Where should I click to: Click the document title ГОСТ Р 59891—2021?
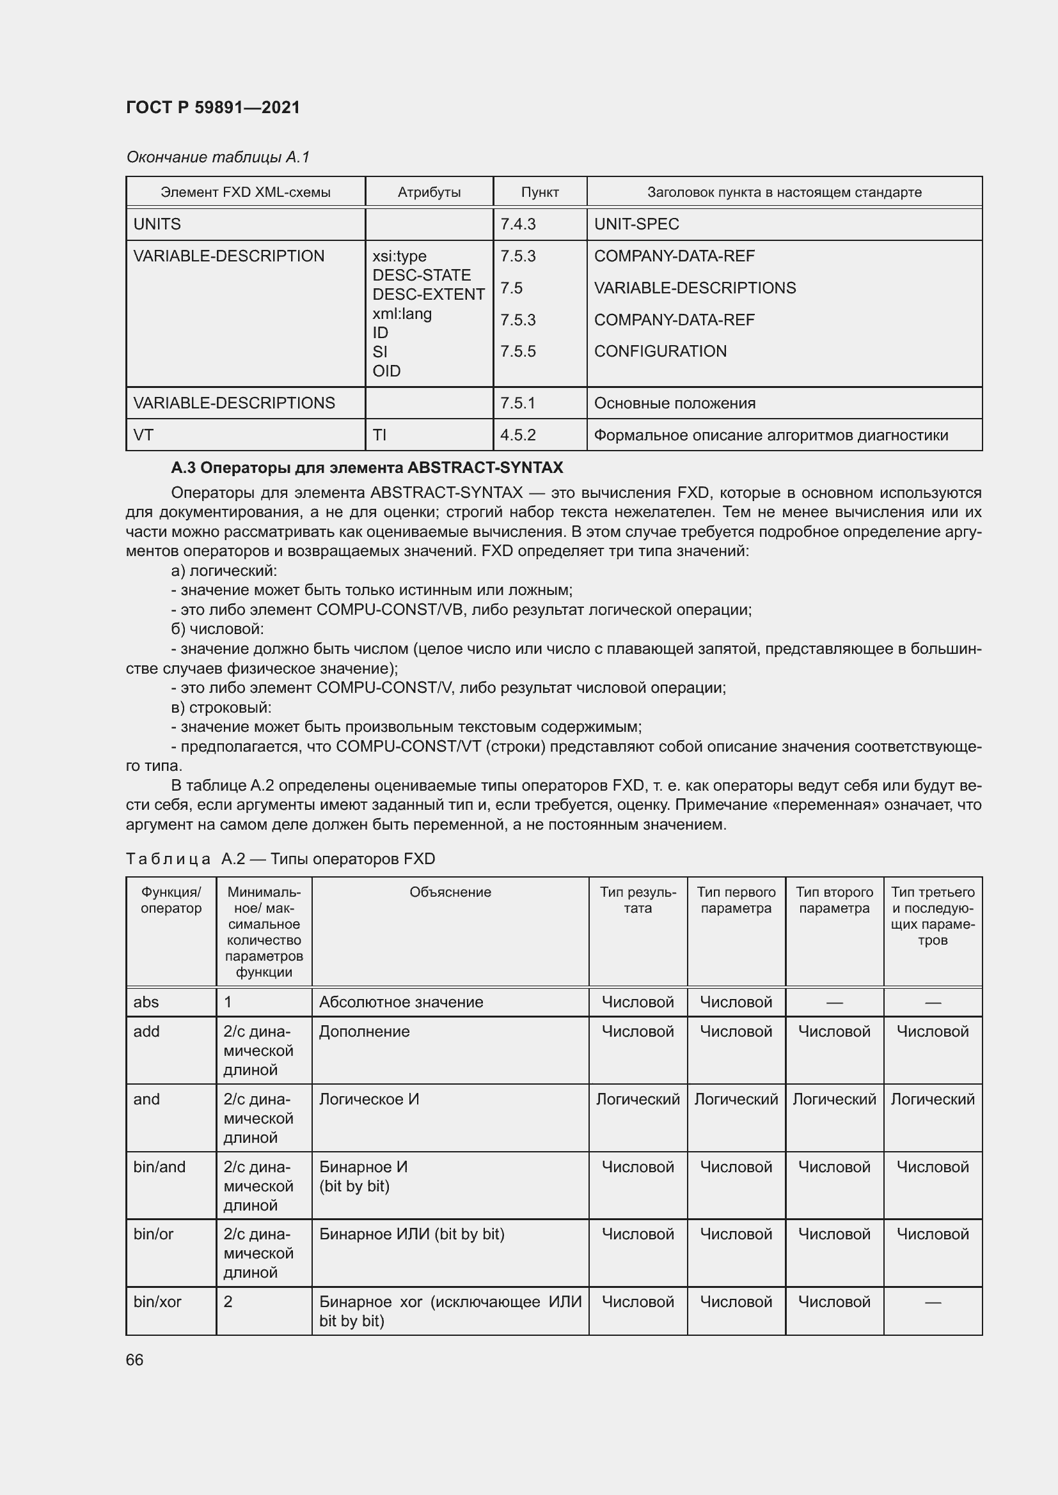tap(213, 107)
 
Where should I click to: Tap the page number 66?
tap(134, 1359)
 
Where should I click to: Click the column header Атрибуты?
tap(429, 192)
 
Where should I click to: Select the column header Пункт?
tap(539, 192)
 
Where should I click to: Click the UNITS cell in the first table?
tap(157, 224)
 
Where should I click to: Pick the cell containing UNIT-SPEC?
tap(636, 224)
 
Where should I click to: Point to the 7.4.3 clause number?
tap(518, 224)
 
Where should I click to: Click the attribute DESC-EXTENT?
tap(428, 294)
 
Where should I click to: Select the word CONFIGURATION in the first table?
tap(660, 351)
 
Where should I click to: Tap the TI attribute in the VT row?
tap(379, 435)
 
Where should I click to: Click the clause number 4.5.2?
tap(518, 435)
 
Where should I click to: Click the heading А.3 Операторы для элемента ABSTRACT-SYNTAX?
tap(367, 467)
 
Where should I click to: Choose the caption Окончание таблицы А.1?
tap(217, 157)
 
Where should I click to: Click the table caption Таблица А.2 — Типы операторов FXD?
tap(280, 859)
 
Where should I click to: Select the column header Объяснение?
tap(450, 892)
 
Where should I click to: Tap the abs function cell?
tap(146, 1002)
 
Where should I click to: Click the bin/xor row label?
tap(157, 1301)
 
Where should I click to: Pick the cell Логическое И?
tap(368, 1099)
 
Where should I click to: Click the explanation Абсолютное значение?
tap(400, 1002)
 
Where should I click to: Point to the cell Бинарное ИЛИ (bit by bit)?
tap(412, 1234)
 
